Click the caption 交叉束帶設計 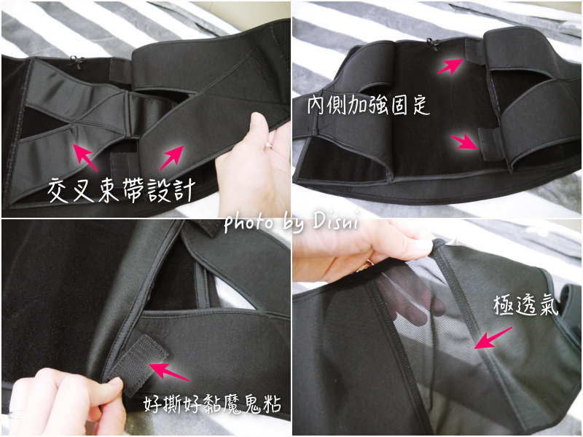121,191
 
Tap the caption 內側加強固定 369,105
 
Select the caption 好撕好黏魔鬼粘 212,404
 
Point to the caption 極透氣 525,305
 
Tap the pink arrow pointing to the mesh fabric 493,338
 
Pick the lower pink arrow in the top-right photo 464,142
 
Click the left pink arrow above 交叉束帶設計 85,157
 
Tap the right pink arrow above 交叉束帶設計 172,157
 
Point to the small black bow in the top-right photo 431,44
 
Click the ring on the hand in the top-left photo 268,145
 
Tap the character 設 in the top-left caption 157,190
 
